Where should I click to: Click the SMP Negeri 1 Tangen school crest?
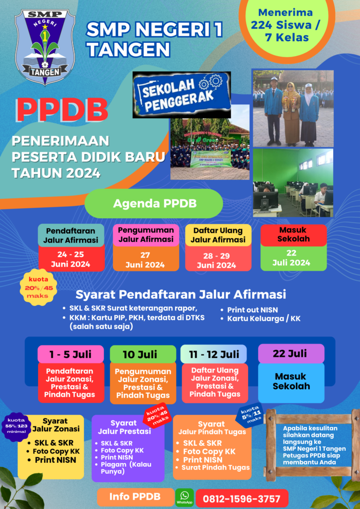(x=45, y=47)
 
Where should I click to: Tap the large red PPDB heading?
(x=61, y=111)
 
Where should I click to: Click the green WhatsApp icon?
(x=184, y=497)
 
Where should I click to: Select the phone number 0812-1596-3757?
(x=242, y=498)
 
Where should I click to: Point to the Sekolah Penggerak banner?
(x=181, y=95)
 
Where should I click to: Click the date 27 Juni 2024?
(x=146, y=259)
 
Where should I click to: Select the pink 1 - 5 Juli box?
(x=71, y=354)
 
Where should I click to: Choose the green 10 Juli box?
(x=143, y=354)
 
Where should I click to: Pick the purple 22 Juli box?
(x=291, y=353)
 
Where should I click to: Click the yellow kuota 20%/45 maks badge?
(x=39, y=287)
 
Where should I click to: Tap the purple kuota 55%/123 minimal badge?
(x=16, y=426)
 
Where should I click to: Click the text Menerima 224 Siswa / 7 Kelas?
(x=285, y=25)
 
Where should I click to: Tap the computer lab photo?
(x=293, y=183)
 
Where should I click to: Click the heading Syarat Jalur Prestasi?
(x=124, y=427)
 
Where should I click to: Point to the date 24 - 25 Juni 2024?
(x=71, y=259)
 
